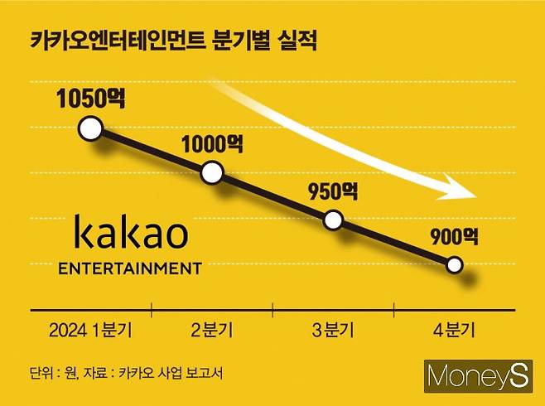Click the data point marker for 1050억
(90, 128)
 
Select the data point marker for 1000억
(212, 173)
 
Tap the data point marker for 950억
(333, 220)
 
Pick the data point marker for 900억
(455, 265)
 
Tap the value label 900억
(454, 237)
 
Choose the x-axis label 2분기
(212, 330)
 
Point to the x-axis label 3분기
(332, 330)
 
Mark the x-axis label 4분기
(455, 330)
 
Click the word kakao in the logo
(131, 235)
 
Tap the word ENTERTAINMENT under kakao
(131, 268)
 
